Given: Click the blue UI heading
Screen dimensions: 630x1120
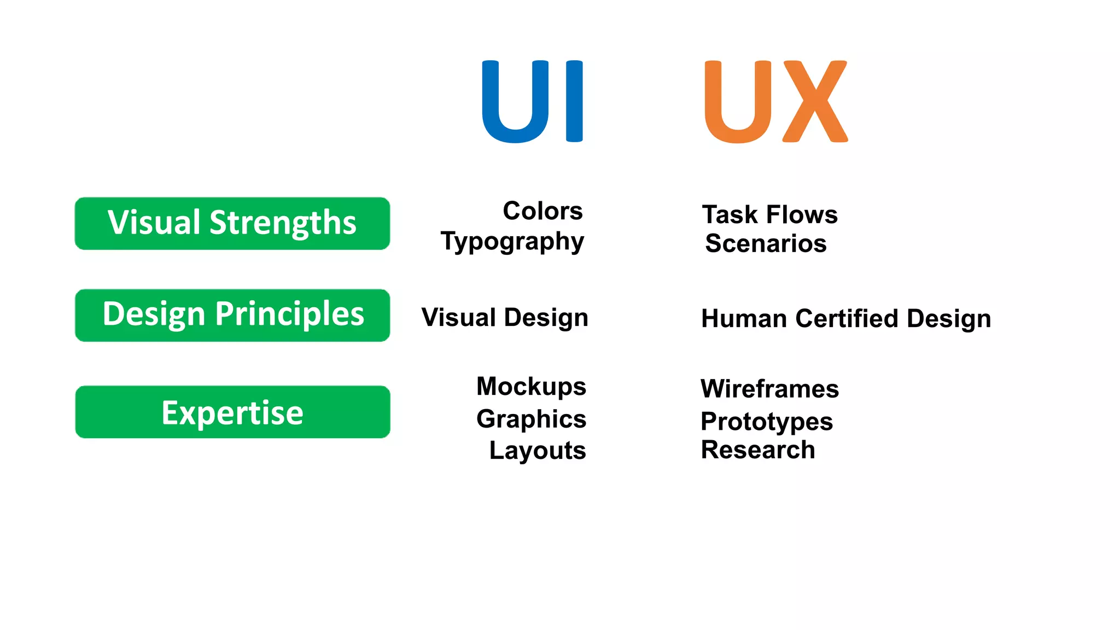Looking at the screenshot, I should click(532, 102).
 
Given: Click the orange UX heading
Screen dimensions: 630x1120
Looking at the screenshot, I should click(776, 102).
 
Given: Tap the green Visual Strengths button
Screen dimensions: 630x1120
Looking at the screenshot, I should click(232, 223).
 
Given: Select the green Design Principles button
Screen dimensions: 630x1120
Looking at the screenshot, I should click(232, 315).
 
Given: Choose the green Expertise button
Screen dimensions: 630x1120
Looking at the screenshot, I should click(232, 412).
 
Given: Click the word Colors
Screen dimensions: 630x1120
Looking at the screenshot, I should click(542, 211).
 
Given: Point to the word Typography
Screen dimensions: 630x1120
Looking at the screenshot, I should click(512, 242).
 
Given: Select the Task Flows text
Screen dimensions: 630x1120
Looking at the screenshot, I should click(769, 214).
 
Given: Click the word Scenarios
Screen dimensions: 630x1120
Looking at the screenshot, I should click(766, 243).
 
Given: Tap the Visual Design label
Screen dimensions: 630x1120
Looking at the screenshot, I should click(505, 318).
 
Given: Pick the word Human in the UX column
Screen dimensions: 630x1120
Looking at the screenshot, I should click(744, 318).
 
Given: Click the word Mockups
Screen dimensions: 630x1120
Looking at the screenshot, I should click(531, 387).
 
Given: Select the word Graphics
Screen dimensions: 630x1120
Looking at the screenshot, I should click(531, 419).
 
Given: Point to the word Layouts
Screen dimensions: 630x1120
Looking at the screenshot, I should click(538, 451).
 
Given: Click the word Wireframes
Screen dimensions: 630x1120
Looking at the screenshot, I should click(769, 389).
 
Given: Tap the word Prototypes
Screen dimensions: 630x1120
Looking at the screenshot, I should click(767, 422).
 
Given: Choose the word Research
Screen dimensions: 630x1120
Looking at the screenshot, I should click(758, 450).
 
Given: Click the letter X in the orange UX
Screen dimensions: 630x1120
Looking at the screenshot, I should click(815, 102).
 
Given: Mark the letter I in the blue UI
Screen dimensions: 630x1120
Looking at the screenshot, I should click(574, 102).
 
